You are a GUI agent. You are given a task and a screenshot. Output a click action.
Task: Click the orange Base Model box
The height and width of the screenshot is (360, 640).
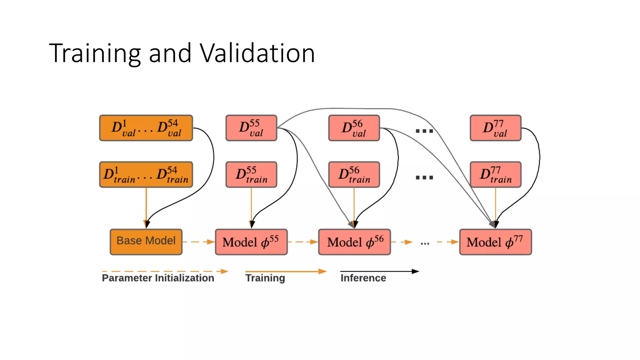pyautogui.click(x=146, y=242)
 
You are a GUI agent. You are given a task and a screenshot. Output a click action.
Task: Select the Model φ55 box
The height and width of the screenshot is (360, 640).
pyautogui.click(x=251, y=242)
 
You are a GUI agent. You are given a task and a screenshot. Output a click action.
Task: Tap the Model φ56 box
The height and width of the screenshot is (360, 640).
pyautogui.click(x=354, y=242)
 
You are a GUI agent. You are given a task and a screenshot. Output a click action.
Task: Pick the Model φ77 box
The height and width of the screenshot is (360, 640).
pyautogui.click(x=495, y=242)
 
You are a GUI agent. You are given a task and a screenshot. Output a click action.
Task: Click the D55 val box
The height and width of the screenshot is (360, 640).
pyautogui.click(x=251, y=128)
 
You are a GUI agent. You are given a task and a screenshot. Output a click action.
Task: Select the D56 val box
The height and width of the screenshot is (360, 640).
pyautogui.click(x=354, y=128)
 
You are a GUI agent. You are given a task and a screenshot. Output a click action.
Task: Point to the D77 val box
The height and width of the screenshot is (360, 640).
pyautogui.click(x=495, y=128)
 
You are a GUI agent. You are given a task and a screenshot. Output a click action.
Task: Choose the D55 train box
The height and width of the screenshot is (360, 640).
pyautogui.click(x=251, y=174)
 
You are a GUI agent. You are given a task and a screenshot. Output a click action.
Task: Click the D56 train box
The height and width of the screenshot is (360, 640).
pyautogui.click(x=354, y=174)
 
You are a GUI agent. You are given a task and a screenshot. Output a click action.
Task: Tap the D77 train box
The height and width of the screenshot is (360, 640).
pyautogui.click(x=495, y=174)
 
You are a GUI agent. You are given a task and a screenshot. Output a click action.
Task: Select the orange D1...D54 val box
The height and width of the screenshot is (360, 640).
pyautogui.click(x=146, y=128)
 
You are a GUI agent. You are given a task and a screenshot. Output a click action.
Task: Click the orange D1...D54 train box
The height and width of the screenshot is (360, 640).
pyautogui.click(x=146, y=174)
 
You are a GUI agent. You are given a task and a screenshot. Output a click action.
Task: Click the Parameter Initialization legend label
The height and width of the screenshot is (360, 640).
pyautogui.click(x=158, y=278)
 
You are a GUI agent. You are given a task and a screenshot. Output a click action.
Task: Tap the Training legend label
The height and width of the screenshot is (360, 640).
pyautogui.click(x=265, y=278)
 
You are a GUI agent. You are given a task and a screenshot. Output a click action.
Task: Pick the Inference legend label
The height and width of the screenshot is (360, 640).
pyautogui.click(x=363, y=278)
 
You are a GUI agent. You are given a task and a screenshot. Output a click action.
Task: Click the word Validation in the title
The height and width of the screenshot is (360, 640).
pyautogui.click(x=257, y=53)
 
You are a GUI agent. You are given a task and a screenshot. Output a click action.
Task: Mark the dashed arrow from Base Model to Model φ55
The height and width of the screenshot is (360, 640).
pyautogui.click(x=198, y=242)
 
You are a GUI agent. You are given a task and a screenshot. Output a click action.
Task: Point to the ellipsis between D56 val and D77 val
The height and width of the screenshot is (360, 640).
pyautogui.click(x=424, y=131)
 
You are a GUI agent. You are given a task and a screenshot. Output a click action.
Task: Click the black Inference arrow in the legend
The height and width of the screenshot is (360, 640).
pyautogui.click(x=379, y=271)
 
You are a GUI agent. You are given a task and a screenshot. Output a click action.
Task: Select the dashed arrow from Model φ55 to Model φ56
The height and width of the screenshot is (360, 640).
pyautogui.click(x=302, y=242)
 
